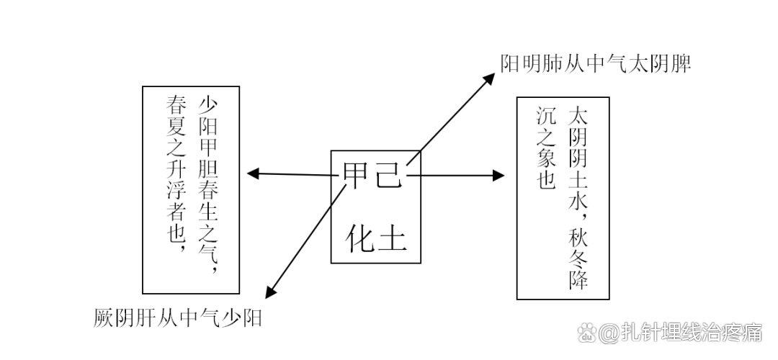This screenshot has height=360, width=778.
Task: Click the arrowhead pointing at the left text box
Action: [x=252, y=173]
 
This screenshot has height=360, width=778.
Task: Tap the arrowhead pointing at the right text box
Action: [x=498, y=176]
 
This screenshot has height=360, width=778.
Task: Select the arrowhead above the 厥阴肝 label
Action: [x=270, y=292]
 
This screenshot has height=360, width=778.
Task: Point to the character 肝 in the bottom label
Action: [x=152, y=317]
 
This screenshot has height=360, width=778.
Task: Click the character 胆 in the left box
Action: [x=208, y=174]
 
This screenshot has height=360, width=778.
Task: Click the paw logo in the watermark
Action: [x=589, y=333]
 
